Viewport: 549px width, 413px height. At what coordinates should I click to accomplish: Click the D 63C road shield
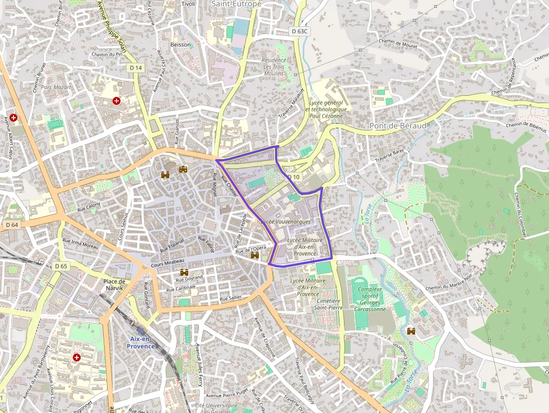(x=300, y=31)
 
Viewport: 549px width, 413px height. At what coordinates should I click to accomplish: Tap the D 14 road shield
(x=136, y=67)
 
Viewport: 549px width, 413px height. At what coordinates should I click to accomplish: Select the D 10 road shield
(x=294, y=177)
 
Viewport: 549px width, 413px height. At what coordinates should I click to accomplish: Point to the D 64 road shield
(x=12, y=225)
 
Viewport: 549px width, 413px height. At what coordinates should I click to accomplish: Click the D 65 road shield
(x=61, y=266)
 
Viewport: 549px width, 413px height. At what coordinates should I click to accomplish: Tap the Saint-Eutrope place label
(x=236, y=4)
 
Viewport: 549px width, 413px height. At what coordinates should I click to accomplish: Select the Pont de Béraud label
(x=398, y=126)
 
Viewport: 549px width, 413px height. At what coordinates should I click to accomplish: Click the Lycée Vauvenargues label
(x=286, y=222)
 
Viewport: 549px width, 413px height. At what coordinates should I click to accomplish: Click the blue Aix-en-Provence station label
(x=141, y=342)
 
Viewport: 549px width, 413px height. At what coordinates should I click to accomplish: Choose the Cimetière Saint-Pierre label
(x=329, y=303)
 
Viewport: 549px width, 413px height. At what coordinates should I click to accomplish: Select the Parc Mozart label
(x=56, y=87)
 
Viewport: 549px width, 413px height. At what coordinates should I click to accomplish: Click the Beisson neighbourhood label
(x=180, y=44)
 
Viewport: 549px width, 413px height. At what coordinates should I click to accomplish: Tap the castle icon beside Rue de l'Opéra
(x=255, y=255)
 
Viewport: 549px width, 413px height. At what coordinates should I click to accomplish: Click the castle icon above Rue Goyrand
(x=184, y=272)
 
